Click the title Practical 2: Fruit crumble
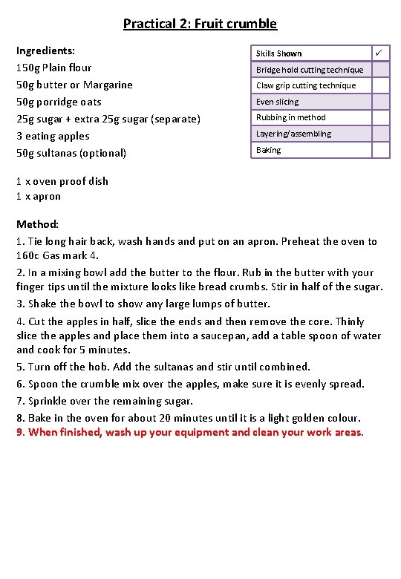pyautogui.click(x=200, y=24)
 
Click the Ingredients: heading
pyautogui.click(x=45, y=50)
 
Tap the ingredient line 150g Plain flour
pyautogui.click(x=54, y=68)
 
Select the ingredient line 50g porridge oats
pyautogui.click(x=59, y=102)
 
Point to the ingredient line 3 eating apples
pyautogui.click(x=53, y=136)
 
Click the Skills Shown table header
pyautogui.click(x=278, y=53)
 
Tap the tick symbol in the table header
pyautogui.click(x=379, y=53)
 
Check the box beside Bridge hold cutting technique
pyautogui.click(x=380, y=70)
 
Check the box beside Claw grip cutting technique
pyautogui.click(x=380, y=85)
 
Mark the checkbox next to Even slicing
pyautogui.click(x=380, y=102)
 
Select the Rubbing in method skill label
pyautogui.click(x=290, y=117)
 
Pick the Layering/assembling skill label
pyautogui.click(x=293, y=134)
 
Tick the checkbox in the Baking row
pyautogui.click(x=380, y=150)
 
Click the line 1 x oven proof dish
pyautogui.click(x=62, y=181)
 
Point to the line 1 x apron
pyautogui.click(x=39, y=196)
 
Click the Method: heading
pyautogui.click(x=37, y=223)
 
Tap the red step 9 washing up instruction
pyautogui.click(x=190, y=432)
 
